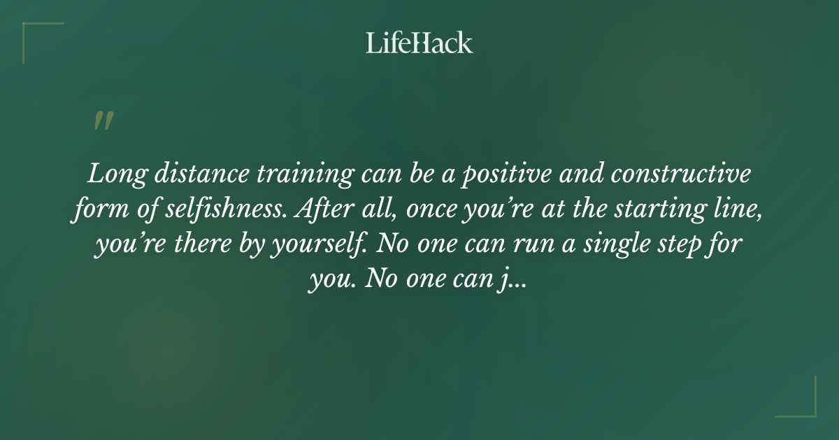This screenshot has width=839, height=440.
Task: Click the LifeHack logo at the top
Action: (x=419, y=43)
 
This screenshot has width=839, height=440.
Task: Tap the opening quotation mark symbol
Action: (x=103, y=122)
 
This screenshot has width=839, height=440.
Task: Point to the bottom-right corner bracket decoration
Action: (x=804, y=405)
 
